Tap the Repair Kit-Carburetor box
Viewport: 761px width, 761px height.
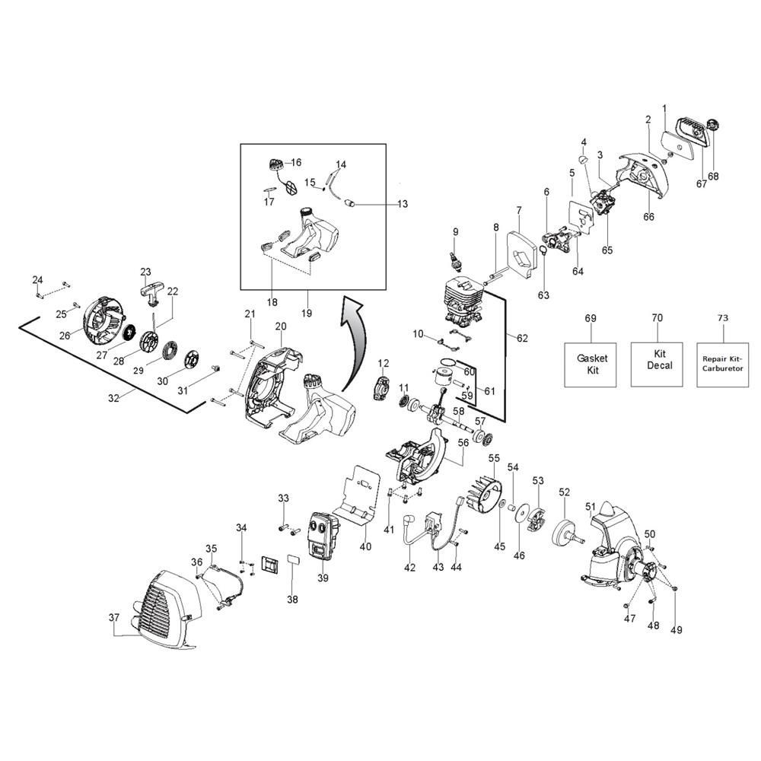tap(723, 363)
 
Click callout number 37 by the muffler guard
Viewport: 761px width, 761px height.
tap(114, 618)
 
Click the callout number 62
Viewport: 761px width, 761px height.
tap(521, 337)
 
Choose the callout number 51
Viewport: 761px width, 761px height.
tap(591, 507)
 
